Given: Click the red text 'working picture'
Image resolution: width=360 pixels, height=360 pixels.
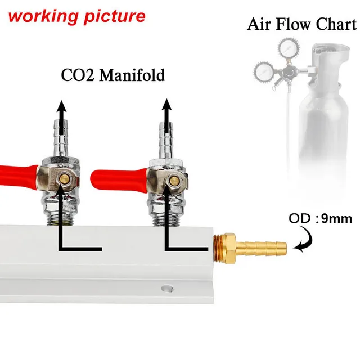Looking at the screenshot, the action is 76,16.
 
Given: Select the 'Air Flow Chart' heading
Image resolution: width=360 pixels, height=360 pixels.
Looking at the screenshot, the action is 301,25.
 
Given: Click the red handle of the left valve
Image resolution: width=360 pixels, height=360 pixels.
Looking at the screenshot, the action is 17,176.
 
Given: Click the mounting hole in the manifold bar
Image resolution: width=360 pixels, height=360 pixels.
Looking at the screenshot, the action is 164,289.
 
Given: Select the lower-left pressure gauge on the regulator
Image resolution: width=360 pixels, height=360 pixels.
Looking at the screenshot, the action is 263,71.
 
